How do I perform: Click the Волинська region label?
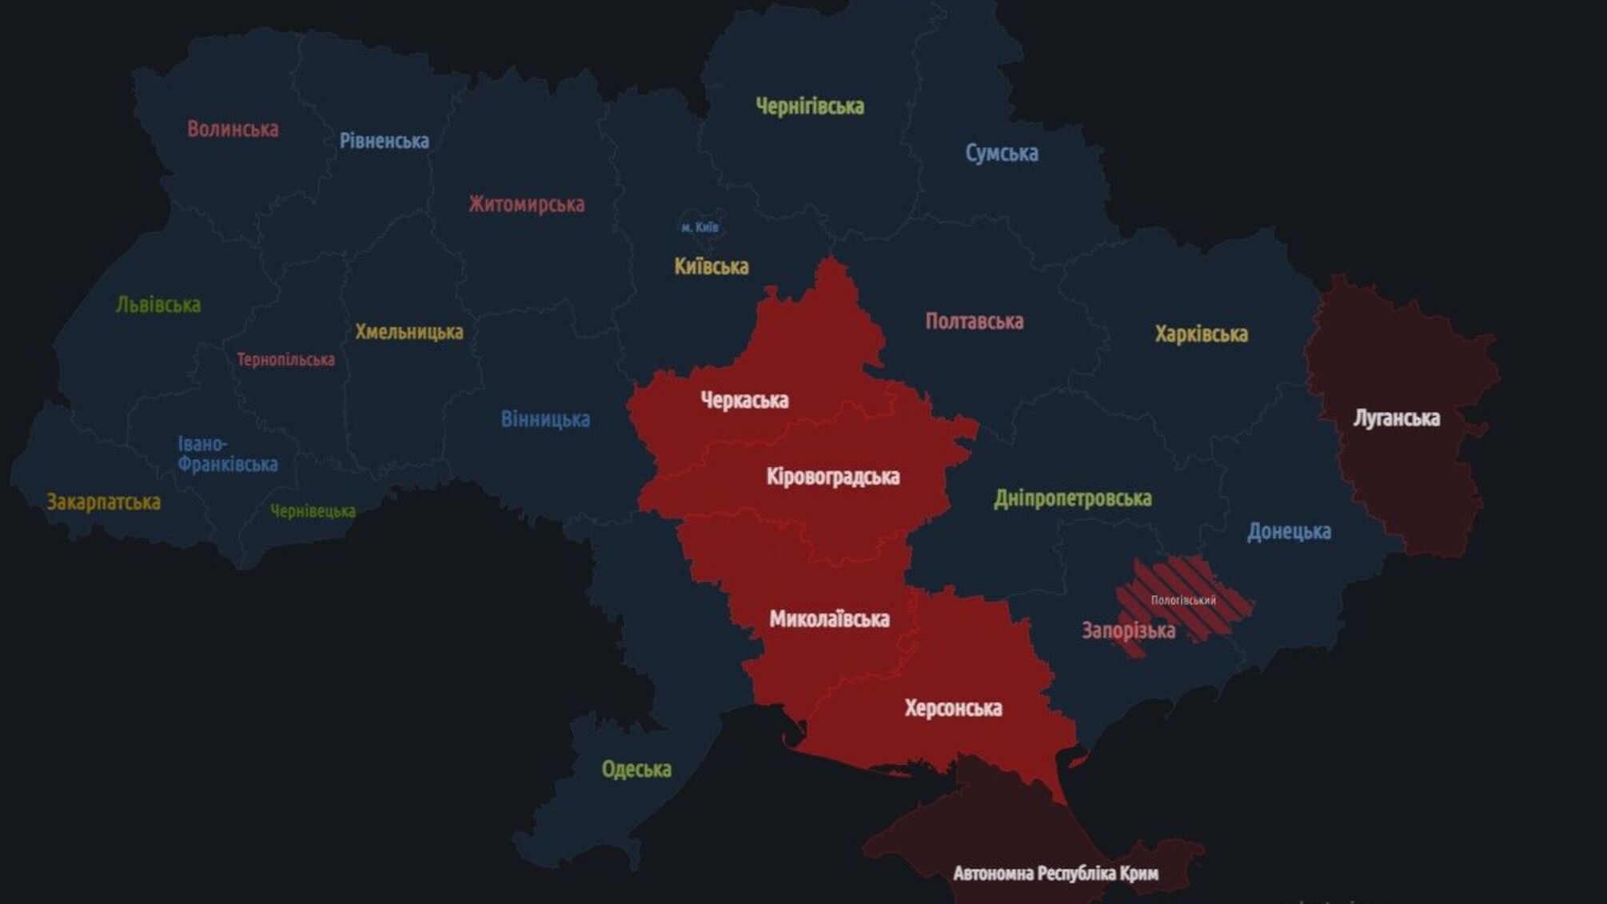[x=233, y=129]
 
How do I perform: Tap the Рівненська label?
[x=384, y=141]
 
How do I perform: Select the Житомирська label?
[x=526, y=204]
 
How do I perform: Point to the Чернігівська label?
[x=809, y=106]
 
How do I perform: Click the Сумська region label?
[x=1001, y=153]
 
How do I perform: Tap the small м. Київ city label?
[x=700, y=227]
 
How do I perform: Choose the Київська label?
[x=711, y=266]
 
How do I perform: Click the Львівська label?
[x=158, y=305]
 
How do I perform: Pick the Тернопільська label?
[x=285, y=360]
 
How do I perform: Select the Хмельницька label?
[x=409, y=331]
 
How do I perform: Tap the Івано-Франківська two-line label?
[x=227, y=454]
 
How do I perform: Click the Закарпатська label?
[x=103, y=502]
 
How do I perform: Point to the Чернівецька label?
[x=313, y=511]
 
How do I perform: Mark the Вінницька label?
[x=545, y=419]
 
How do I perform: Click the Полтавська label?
[x=974, y=322]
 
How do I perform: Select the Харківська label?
[x=1201, y=334]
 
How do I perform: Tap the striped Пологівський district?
[x=1183, y=600]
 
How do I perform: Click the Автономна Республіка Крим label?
[x=1055, y=873]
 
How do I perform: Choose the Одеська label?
[x=636, y=770]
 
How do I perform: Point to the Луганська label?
[x=1396, y=418]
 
